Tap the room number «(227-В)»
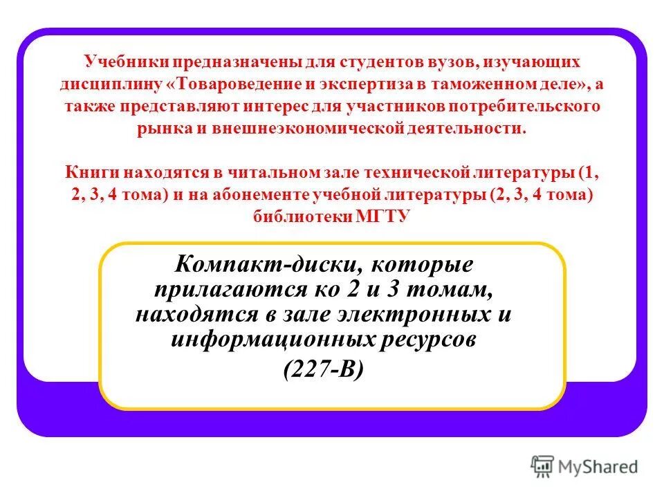click(x=323, y=370)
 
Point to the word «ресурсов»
click(x=421, y=340)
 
